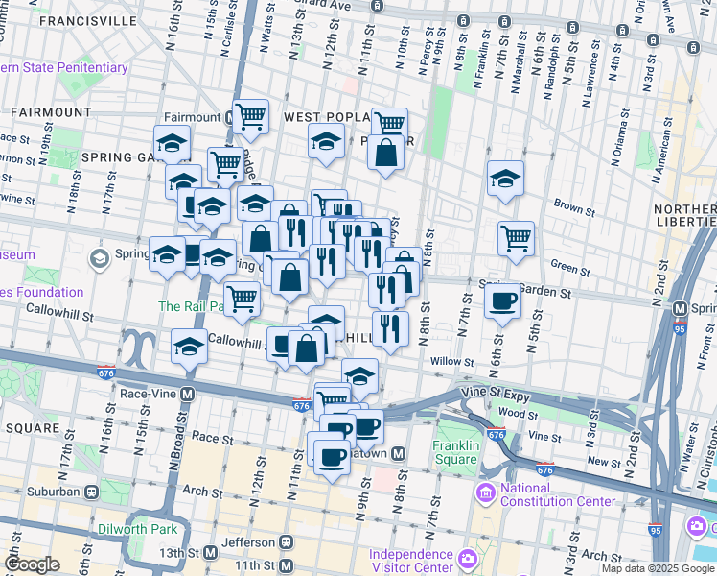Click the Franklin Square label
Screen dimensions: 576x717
click(454, 451)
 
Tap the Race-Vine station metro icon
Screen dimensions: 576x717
click(188, 394)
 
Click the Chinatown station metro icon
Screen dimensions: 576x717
click(400, 453)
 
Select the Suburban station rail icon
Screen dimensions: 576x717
click(92, 492)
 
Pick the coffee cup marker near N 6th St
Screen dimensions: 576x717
click(502, 303)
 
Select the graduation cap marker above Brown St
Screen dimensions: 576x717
click(505, 179)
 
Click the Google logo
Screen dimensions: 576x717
click(32, 564)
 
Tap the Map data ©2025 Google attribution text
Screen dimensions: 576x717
click(657, 568)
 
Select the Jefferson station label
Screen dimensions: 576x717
click(247, 542)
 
